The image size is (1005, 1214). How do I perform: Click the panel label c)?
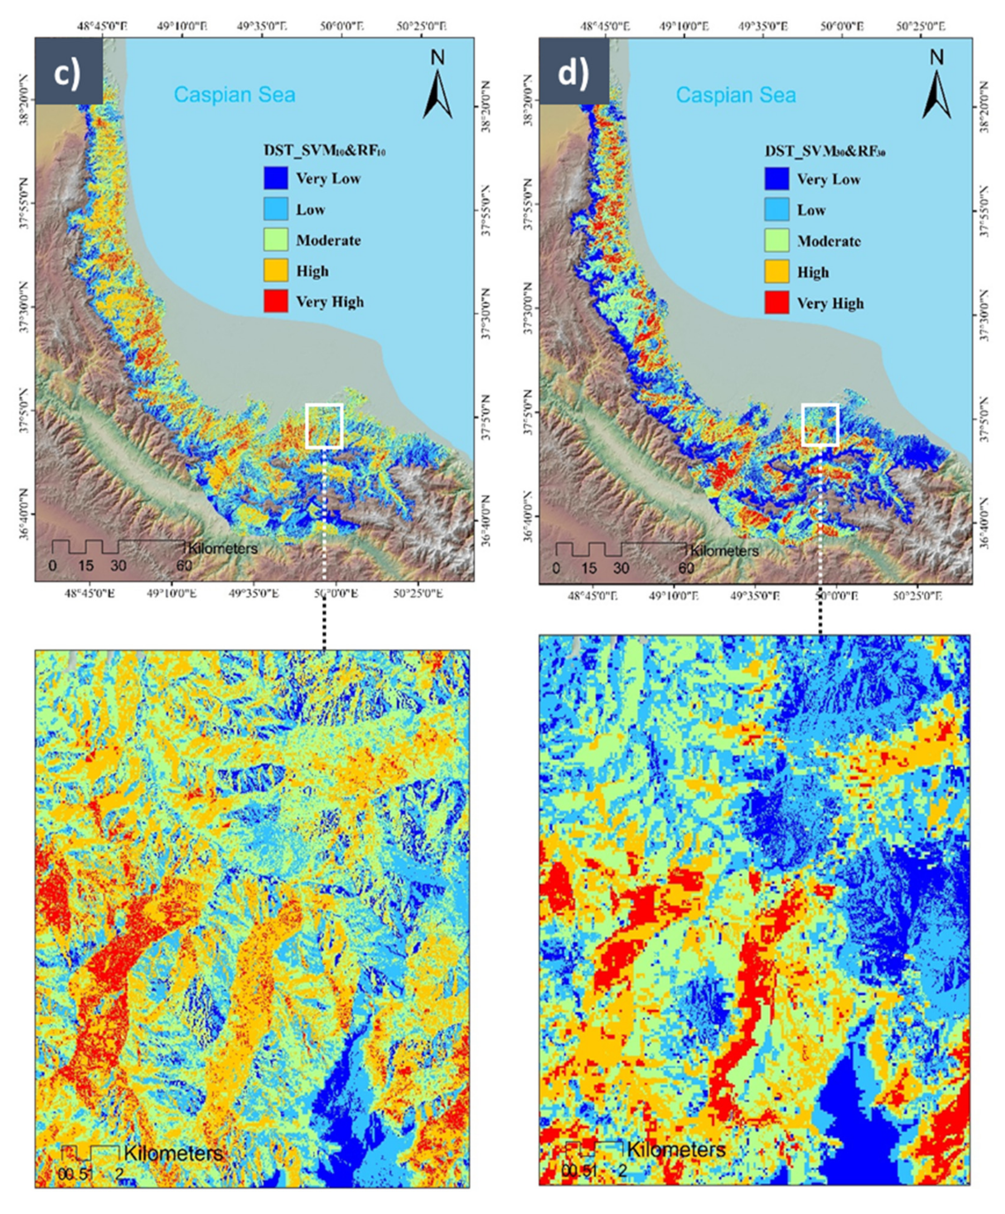pyautogui.click(x=68, y=73)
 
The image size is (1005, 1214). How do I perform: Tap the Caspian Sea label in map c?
pyautogui.click(x=234, y=95)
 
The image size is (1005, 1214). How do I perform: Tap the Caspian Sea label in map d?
pyautogui.click(x=736, y=95)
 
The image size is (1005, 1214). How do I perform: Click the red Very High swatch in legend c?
pyautogui.click(x=276, y=301)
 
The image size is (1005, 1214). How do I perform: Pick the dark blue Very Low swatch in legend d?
pyautogui.click(x=776, y=179)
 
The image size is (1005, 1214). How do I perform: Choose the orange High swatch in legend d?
pyautogui.click(x=776, y=272)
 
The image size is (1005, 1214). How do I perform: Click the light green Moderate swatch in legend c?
pyautogui.click(x=276, y=240)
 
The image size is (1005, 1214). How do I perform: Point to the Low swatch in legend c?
pyautogui.click(x=276, y=209)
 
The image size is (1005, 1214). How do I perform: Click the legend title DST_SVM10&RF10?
pyautogui.click(x=324, y=151)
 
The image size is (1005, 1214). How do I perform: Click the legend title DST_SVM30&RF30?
pyautogui.click(x=825, y=151)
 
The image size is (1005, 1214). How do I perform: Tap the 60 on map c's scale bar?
pyautogui.click(x=184, y=565)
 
